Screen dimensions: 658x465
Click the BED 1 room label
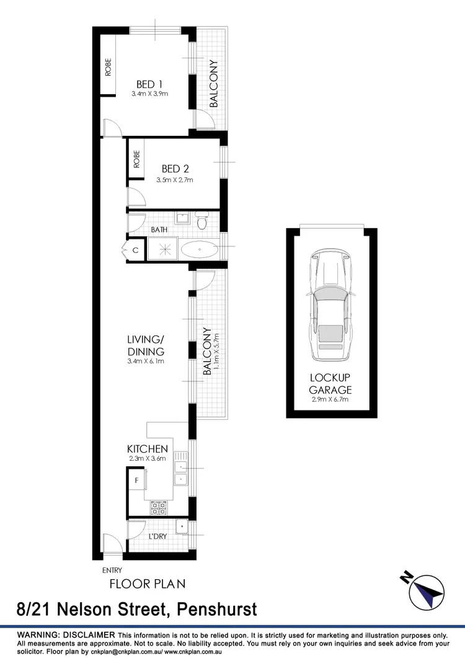[149, 84]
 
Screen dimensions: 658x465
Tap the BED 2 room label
[175, 169]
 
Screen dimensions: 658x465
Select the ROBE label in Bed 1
[108, 66]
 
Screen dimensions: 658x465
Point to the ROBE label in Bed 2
[136, 160]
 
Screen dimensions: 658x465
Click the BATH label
[159, 230]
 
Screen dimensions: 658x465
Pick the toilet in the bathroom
[201, 220]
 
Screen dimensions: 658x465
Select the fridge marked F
[136, 479]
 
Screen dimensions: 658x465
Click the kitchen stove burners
[158, 508]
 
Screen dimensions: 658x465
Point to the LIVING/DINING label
[146, 345]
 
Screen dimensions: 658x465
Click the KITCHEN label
[148, 448]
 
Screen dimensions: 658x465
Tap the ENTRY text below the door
[112, 571]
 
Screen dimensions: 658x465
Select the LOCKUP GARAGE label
[331, 384]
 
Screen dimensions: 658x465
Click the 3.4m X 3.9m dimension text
[150, 94]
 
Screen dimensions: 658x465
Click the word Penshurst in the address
[217, 610]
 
